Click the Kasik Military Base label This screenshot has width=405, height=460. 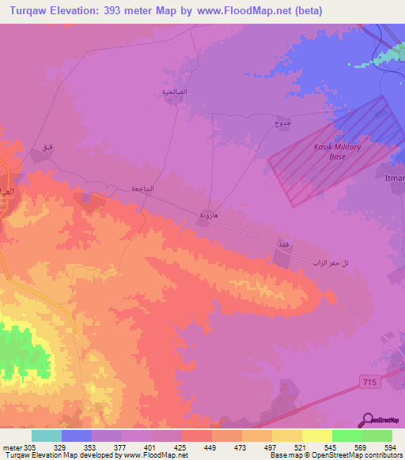click(338, 152)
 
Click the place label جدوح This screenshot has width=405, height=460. click(282, 123)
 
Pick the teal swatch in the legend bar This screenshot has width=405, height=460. click(47, 435)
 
